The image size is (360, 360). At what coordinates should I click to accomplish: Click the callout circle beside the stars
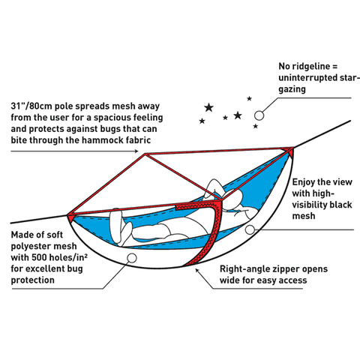click(x=259, y=115)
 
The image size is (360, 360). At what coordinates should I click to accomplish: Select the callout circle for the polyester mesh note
click(x=132, y=259)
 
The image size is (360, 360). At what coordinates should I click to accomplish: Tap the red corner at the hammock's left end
click(x=72, y=216)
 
